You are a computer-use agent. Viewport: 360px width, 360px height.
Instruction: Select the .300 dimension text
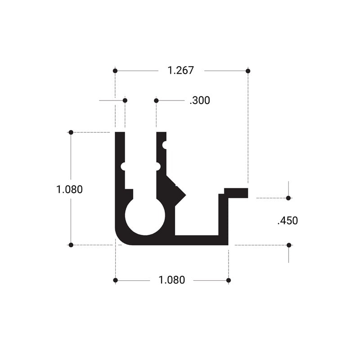[199, 101]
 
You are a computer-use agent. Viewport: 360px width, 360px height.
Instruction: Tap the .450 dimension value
[288, 221]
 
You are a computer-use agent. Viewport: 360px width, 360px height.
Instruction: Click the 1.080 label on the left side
[69, 189]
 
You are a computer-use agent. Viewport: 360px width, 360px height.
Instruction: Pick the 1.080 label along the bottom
[171, 280]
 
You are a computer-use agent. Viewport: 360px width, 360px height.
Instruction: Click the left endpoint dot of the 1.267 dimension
[115, 71]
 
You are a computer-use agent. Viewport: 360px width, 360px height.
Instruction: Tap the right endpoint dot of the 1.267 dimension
[248, 71]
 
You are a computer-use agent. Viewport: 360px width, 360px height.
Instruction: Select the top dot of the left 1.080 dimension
[71, 132]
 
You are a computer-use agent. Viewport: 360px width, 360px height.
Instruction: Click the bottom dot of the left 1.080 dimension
[71, 245]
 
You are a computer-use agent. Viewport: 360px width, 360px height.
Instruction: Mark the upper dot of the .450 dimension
[288, 198]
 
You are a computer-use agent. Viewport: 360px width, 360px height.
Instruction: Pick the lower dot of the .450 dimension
[289, 245]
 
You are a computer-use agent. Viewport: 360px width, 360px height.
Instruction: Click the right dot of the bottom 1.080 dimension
[229, 280]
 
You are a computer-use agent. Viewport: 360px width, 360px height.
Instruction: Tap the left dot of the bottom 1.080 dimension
[115, 280]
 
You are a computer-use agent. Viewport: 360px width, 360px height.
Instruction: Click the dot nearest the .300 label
[156, 100]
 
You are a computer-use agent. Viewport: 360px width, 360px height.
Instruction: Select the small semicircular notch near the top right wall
[165, 145]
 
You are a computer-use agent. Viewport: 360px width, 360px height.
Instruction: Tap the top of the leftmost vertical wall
[120, 134]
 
